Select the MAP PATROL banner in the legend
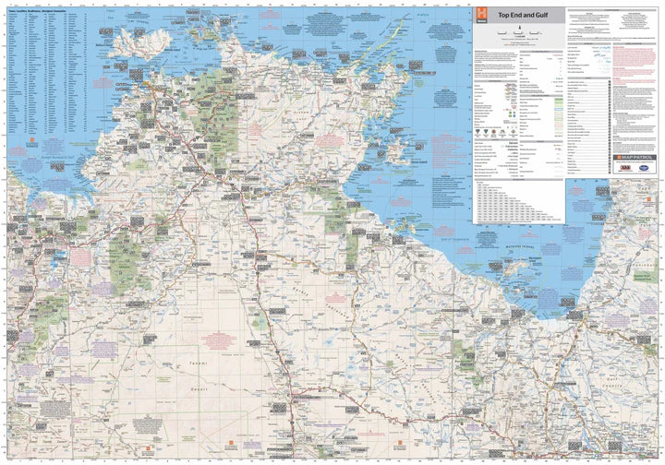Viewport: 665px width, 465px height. (631, 158)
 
